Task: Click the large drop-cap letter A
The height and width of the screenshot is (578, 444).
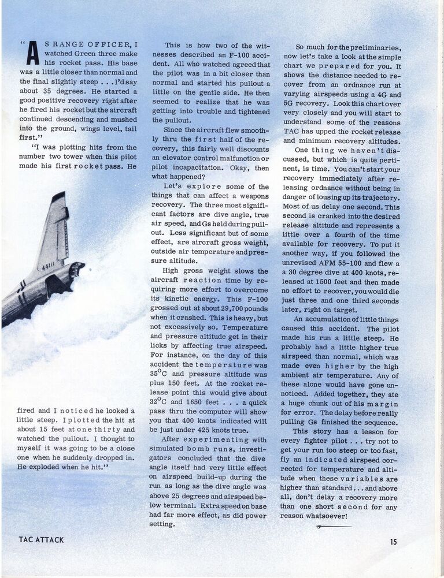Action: tap(32, 54)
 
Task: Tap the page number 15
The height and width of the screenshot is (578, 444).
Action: tap(393, 542)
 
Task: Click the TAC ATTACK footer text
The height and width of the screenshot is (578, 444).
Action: tap(41, 540)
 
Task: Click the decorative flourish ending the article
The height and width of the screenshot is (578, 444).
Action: tap(334, 527)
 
